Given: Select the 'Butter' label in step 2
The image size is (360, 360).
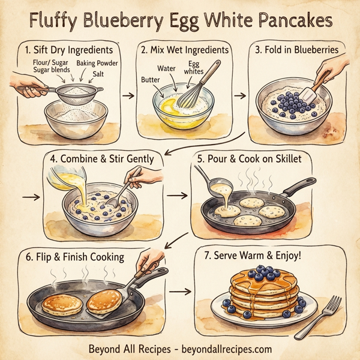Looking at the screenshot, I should coord(151,79).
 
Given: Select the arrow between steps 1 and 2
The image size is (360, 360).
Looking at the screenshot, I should coord(127,95).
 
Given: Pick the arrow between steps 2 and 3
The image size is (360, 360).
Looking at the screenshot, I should coord(239,95).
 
